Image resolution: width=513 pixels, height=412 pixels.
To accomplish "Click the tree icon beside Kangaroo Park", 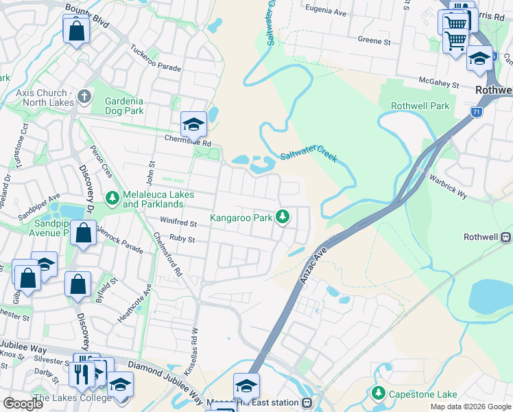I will tap(283, 218).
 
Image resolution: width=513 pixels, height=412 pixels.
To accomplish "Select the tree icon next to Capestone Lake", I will tap(377, 393).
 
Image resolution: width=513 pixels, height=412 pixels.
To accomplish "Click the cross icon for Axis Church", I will tap(84, 96).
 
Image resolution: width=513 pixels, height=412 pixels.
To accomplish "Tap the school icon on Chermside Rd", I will tap(193, 124).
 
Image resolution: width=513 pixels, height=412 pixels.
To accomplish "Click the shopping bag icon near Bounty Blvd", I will tap(76, 30).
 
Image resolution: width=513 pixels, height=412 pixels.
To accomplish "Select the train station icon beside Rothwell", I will tap(507, 237).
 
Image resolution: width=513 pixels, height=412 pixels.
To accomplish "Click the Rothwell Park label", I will tap(420, 106).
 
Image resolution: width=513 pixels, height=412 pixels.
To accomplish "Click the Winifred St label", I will tap(178, 223).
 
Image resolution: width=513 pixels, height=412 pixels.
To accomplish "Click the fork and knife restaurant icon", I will tap(80, 374).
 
